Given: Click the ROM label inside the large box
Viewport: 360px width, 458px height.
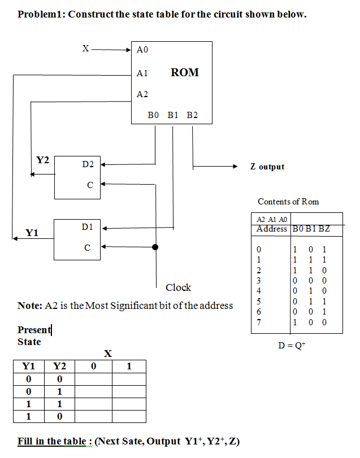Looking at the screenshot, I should tap(184, 72).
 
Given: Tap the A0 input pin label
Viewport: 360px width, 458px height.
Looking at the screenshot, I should tap(142, 50).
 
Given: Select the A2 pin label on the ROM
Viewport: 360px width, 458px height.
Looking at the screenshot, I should tap(142, 94).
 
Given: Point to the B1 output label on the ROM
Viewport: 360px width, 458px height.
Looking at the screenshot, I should tap(173, 115).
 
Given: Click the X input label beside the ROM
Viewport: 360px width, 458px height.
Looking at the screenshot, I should tap(85, 49).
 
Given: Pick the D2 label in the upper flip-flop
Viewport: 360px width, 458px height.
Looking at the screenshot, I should tap(88, 164).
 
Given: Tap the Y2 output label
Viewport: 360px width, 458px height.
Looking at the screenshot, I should tap(42, 160).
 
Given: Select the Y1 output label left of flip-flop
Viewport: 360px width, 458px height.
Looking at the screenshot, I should tap(32, 232).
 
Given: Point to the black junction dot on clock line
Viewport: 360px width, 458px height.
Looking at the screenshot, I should tap(155, 247).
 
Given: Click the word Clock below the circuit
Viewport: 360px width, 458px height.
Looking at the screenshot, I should tap(178, 287).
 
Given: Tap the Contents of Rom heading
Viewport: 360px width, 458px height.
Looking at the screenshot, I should tap(288, 202).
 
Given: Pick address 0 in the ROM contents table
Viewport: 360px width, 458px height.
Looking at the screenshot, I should tap(259, 248).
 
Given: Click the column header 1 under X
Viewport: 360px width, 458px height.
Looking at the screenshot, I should tap(129, 366).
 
